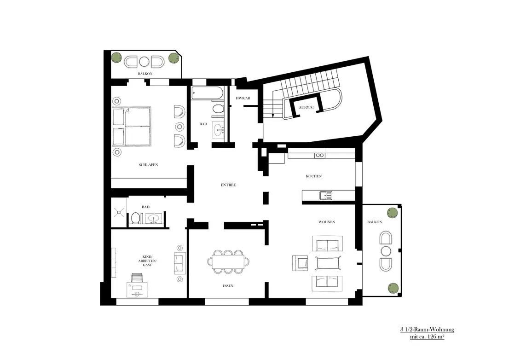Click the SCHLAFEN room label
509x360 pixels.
[149, 165]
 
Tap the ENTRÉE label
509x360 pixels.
[228, 185]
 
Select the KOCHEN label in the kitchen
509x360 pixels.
[314, 176]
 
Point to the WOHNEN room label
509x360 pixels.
[327, 222]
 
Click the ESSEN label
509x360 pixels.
[228, 286]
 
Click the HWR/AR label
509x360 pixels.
[243, 99]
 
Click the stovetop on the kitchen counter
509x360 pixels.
[320, 156]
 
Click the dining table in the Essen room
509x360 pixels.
[228, 261]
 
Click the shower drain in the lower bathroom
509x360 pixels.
[119, 212]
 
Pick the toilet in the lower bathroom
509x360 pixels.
[136, 218]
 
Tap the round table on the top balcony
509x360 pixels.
[145, 62]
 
